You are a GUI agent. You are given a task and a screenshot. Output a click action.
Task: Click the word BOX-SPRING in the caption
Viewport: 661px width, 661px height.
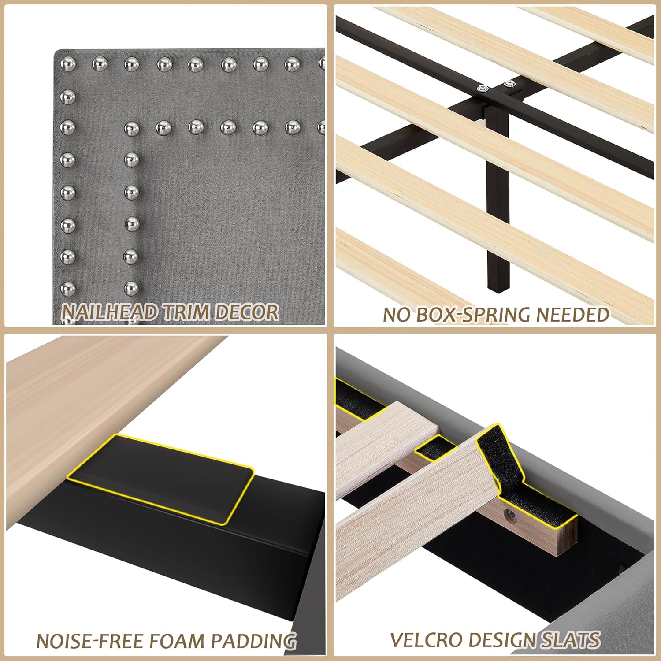click(x=473, y=315)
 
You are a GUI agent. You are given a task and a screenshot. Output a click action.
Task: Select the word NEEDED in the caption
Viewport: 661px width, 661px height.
click(x=572, y=315)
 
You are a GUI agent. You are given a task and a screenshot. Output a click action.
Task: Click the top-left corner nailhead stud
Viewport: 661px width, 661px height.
click(x=67, y=64)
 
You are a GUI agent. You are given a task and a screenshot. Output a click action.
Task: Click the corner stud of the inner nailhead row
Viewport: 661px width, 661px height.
click(x=131, y=128)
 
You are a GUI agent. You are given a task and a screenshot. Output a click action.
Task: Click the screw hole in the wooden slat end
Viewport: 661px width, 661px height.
click(x=511, y=514)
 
